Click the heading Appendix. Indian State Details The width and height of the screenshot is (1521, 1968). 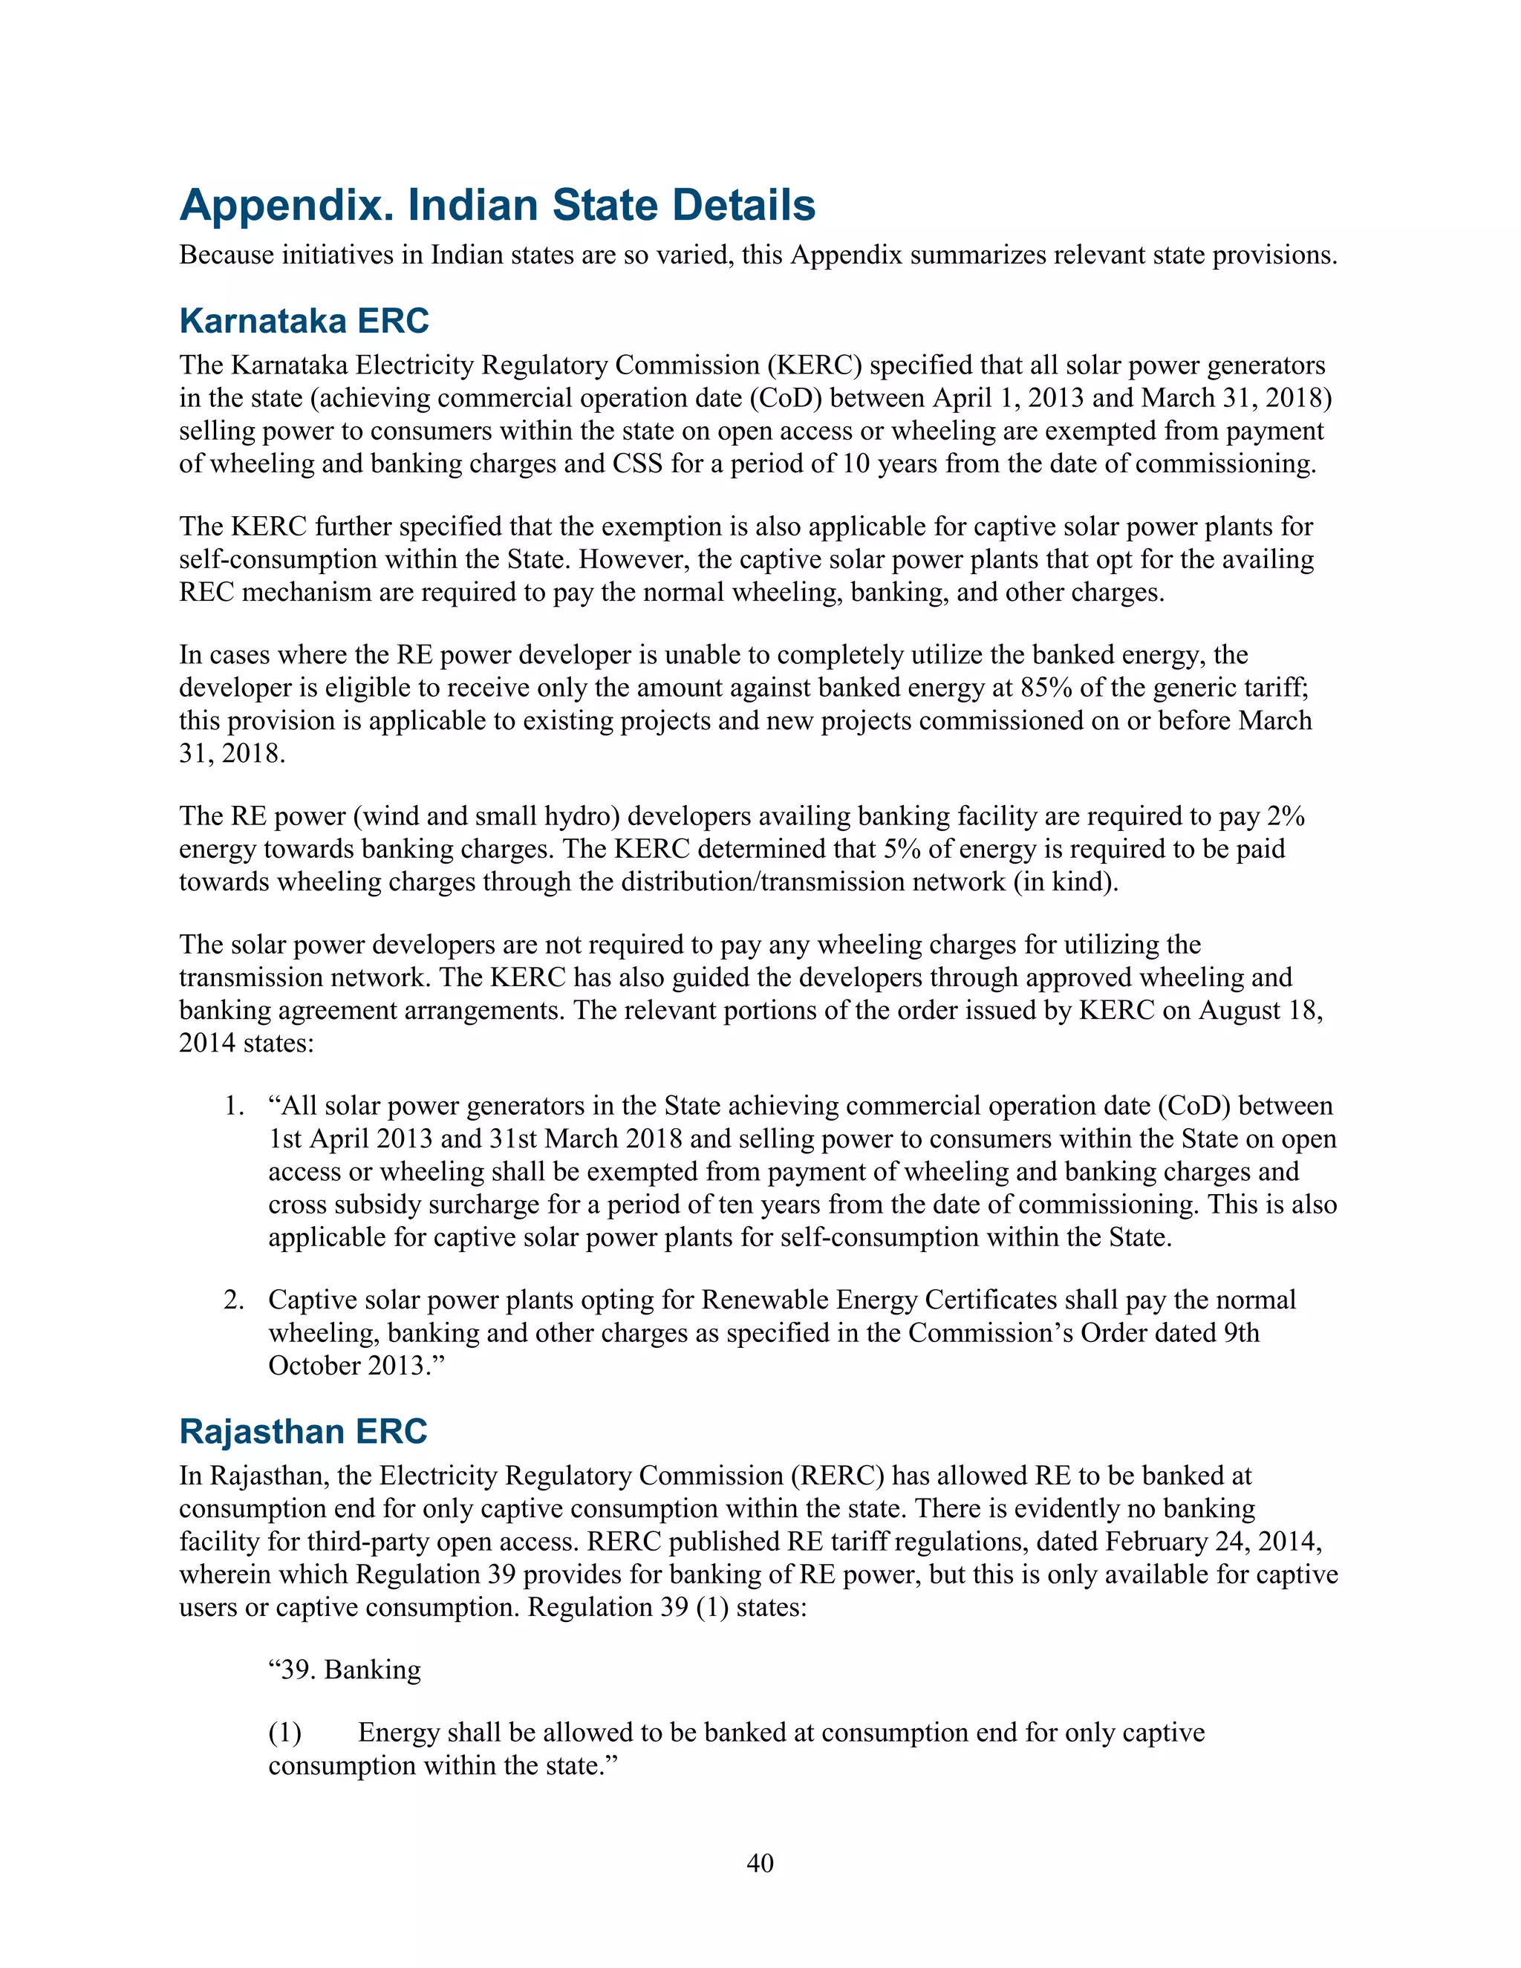[498, 206]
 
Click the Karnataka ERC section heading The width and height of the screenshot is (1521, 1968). [304, 321]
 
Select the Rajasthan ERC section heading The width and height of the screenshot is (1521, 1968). [303, 1432]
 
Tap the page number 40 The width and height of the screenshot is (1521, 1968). [760, 1863]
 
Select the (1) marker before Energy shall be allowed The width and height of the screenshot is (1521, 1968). [284, 1733]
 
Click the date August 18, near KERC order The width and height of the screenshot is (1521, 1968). [1260, 1010]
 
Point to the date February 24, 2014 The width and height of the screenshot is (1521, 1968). [1213, 1542]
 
